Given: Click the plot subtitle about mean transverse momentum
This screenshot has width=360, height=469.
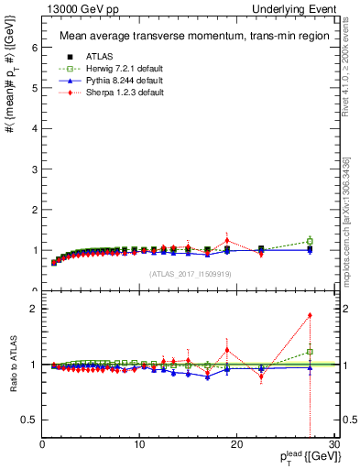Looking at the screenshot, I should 182,37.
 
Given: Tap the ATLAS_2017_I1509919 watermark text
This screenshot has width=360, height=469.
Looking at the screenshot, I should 182,273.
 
